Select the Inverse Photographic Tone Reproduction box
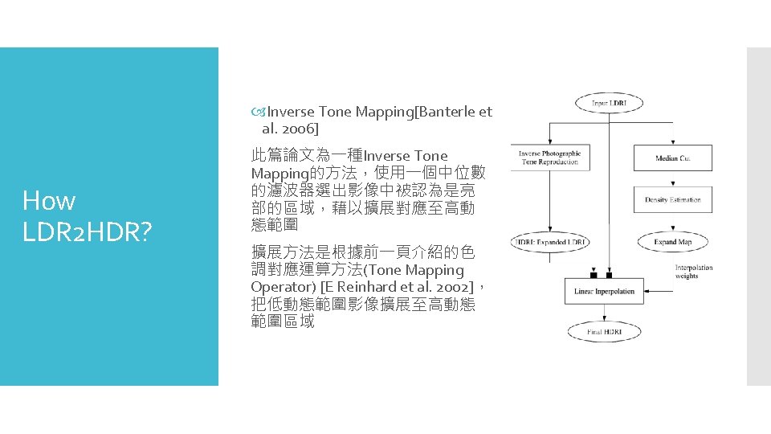point(549,158)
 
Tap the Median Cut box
point(672,158)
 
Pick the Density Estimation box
point(672,199)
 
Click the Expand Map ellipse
point(672,242)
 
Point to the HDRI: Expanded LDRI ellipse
point(550,242)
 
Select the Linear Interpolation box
point(603,291)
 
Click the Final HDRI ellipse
point(603,331)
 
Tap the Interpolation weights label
point(693,272)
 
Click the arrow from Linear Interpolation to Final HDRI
point(603,313)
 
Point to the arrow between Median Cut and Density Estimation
point(672,179)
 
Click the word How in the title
point(49,200)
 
